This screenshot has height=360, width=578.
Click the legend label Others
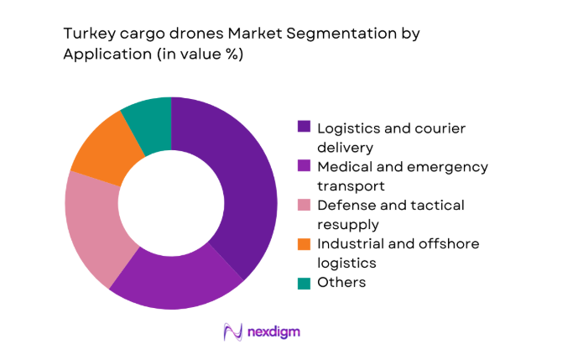[x=341, y=282]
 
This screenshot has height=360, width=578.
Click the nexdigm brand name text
[x=273, y=331]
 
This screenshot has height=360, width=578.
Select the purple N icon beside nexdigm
[x=232, y=331]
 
